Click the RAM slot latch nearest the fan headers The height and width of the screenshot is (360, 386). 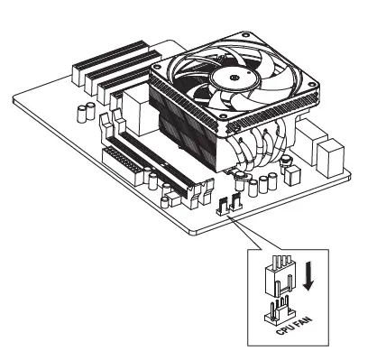[196, 200]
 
